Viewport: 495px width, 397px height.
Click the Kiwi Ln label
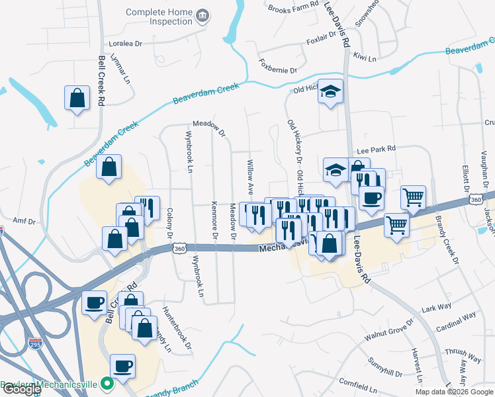click(365, 58)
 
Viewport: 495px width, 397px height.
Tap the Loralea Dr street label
click(126, 44)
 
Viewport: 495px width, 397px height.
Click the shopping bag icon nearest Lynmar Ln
click(77, 98)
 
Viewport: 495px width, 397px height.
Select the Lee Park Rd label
click(375, 150)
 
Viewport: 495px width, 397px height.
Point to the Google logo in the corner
click(21, 389)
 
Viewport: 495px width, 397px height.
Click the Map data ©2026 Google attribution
click(453, 392)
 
